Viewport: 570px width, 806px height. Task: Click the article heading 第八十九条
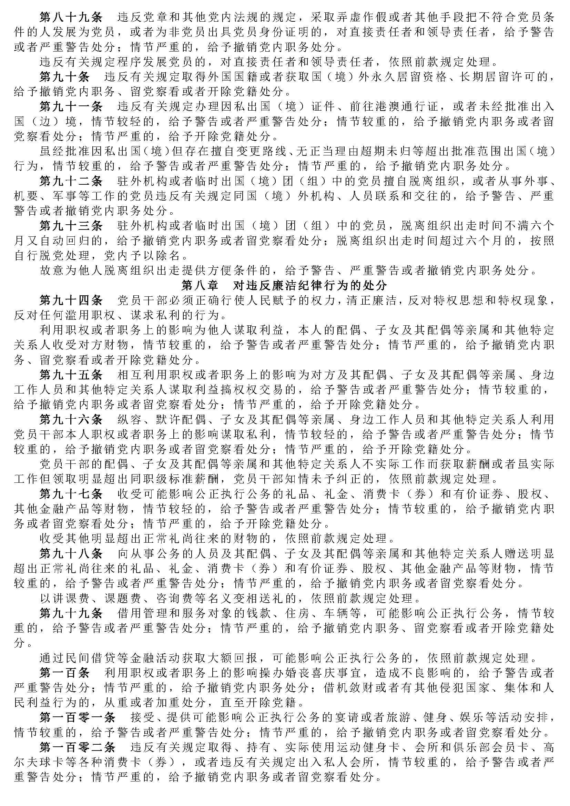71,17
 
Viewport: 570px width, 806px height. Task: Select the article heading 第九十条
64,76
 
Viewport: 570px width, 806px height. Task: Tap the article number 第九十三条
71,225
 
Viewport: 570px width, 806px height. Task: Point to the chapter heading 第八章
199,285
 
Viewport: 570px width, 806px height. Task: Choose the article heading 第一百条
64,673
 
